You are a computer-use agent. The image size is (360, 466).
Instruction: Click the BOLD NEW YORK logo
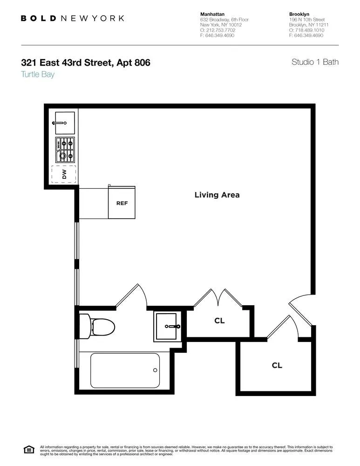point(72,18)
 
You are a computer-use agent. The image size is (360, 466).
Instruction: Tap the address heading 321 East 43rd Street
point(86,62)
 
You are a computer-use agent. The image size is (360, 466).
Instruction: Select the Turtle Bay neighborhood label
point(38,74)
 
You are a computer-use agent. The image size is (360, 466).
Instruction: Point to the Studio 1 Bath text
point(315,62)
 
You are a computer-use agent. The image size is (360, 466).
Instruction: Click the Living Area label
point(217,195)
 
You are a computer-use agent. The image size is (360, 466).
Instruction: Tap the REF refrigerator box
point(122,203)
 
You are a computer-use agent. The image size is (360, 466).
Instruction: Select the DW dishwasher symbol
point(64,174)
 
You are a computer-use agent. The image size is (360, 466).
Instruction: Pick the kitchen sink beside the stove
point(64,123)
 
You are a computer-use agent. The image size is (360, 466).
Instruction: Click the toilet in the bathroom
point(97,325)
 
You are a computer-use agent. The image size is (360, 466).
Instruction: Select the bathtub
point(125,370)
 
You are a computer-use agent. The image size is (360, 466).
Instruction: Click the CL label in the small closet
point(219,321)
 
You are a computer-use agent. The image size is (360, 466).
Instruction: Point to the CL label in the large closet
point(277,366)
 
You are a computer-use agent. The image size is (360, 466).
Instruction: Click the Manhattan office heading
point(212,14)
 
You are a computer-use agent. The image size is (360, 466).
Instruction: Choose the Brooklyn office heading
point(300,14)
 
